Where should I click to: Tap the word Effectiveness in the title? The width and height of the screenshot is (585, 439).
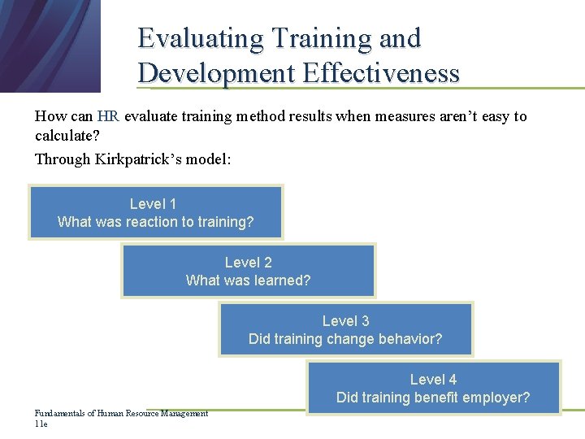[381, 73]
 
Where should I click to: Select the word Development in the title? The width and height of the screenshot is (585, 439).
[217, 73]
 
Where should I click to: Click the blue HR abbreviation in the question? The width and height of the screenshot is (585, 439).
[108, 116]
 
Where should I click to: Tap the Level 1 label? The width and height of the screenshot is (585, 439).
[153, 204]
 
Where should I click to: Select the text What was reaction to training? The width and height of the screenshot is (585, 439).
[156, 222]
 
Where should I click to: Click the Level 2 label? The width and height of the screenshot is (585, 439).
[249, 263]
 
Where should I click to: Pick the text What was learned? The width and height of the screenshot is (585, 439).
[249, 280]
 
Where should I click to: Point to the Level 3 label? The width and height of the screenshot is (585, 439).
[345, 321]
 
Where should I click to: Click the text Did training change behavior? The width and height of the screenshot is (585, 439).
[345, 339]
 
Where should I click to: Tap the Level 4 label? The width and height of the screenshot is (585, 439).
[433, 380]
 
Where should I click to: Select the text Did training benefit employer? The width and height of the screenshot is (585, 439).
[433, 398]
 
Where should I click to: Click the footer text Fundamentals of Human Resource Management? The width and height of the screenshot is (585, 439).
[121, 414]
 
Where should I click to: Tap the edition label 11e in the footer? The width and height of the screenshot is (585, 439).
[41, 424]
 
